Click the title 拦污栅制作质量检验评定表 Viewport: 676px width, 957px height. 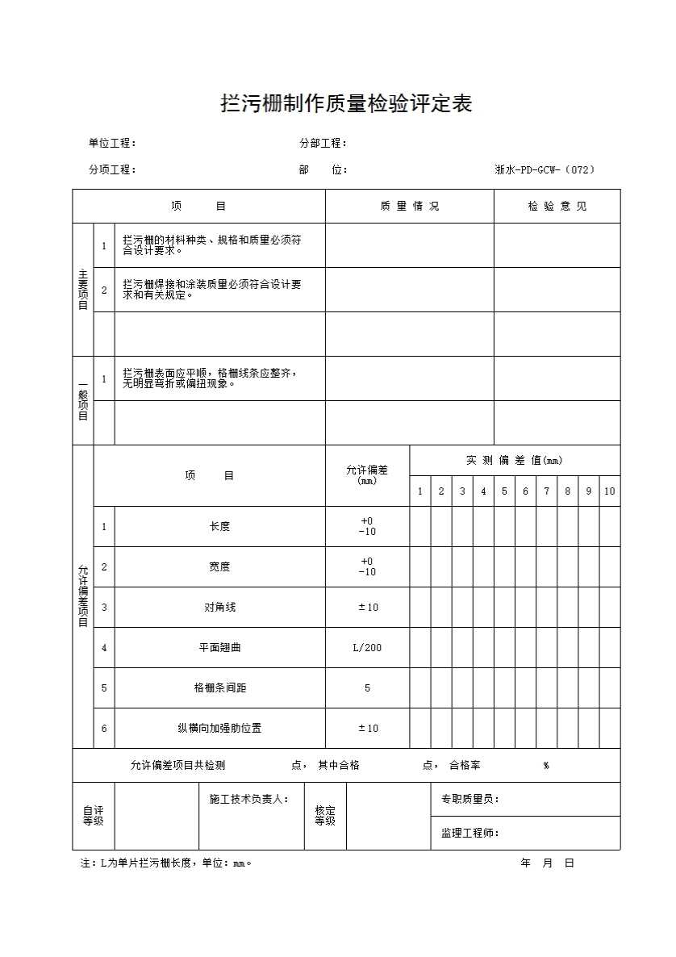coord(346,104)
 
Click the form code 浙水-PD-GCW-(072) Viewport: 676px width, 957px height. coord(545,169)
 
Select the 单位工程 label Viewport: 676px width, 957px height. coord(112,144)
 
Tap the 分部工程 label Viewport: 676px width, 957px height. coord(323,144)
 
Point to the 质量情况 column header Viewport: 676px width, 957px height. coord(410,207)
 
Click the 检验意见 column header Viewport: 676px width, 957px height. coord(557,207)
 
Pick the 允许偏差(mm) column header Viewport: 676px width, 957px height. coord(367,475)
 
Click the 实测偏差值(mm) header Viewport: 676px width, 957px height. coord(515,461)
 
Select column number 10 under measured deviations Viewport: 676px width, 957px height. coord(610,491)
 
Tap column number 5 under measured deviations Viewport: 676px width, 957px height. coord(504,491)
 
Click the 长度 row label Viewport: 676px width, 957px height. coord(219,527)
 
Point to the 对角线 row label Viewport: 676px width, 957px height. coord(219,608)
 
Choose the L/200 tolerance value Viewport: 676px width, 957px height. coord(367,648)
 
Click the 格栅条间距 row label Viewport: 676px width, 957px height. coord(219,688)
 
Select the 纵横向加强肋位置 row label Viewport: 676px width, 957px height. coord(219,729)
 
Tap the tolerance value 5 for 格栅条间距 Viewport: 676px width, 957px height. coord(367,688)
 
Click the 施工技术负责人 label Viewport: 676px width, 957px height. coord(249,799)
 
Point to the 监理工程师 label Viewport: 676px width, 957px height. coord(470,834)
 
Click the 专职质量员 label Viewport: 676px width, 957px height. coord(470,799)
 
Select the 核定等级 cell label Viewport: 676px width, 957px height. coord(325,816)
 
